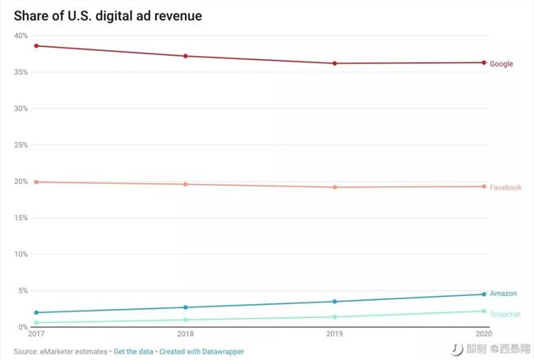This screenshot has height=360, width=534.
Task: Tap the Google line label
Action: pos(501,63)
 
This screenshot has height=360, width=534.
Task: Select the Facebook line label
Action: pos(505,187)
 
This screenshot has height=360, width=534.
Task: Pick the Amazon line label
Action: pos(504,293)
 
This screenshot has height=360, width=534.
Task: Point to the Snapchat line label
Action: pos(505,313)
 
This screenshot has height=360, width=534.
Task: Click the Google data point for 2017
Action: pos(36,46)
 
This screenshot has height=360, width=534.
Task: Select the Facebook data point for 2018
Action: pos(186,184)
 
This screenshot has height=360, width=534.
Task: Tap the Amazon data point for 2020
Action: pos(484,294)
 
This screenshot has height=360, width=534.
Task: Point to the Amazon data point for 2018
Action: pos(186,307)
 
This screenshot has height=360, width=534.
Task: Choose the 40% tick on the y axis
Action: pos(21,35)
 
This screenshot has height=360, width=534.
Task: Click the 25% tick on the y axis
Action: pos(21,145)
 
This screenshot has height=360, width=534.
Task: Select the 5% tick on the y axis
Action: pos(22,290)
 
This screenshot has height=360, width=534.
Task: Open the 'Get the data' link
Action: pos(134,351)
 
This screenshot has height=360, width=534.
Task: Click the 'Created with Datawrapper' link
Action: pos(201,351)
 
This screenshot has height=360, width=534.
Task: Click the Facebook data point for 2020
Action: pos(484,187)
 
